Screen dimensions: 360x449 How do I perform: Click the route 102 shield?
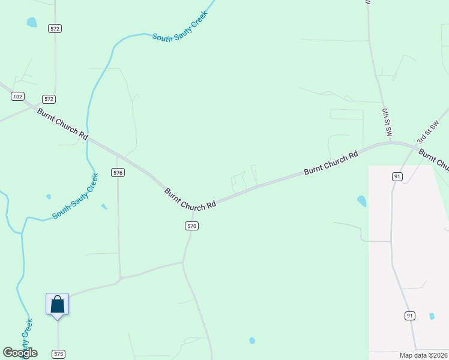pyautogui.click(x=18, y=97)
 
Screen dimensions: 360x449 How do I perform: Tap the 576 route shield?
pyautogui.click(x=118, y=172)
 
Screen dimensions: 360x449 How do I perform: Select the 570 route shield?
pyautogui.click(x=191, y=226)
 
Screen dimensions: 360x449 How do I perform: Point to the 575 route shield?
pyautogui.click(x=58, y=354)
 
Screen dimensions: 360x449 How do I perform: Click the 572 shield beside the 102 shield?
pyautogui.click(x=49, y=98)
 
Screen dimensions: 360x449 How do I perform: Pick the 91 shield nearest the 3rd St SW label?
pyautogui.click(x=397, y=176)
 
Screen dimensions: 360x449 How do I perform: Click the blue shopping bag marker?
pyautogui.click(x=58, y=304)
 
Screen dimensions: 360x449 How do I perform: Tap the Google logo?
pyautogui.click(x=20, y=353)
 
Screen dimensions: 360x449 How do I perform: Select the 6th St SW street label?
pyautogui.click(x=387, y=122)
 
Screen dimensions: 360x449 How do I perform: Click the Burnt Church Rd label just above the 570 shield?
pyautogui.click(x=190, y=199)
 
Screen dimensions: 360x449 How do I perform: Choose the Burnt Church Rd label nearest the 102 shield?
pyautogui.click(x=62, y=124)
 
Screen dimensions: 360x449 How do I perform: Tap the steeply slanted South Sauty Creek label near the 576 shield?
pyautogui.click(x=75, y=197)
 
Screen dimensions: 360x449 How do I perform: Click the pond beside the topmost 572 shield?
pyautogui.click(x=31, y=23)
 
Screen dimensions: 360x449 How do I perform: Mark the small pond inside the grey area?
pyautogui.click(x=432, y=316)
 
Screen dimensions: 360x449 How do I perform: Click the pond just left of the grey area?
pyautogui.click(x=361, y=201)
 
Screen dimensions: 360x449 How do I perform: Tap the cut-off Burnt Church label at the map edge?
pyautogui.click(x=434, y=160)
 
